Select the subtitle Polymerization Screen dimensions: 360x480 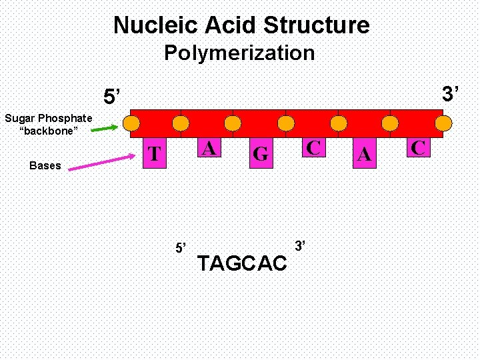(x=239, y=53)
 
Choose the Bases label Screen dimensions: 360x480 (x=45, y=165)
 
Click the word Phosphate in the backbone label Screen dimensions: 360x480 (x=66, y=119)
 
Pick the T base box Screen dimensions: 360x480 (x=155, y=154)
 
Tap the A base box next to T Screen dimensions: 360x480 (x=209, y=148)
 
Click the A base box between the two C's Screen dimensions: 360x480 (x=364, y=155)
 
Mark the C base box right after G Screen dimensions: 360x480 (x=313, y=147)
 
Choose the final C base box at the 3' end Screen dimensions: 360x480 (x=418, y=147)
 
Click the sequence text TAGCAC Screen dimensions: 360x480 (x=242, y=264)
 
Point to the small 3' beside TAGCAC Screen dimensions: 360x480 (x=300, y=246)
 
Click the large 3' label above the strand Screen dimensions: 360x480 (x=451, y=94)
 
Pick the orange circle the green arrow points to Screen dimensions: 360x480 (x=132, y=123)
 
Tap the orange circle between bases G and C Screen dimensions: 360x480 (x=286, y=123)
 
